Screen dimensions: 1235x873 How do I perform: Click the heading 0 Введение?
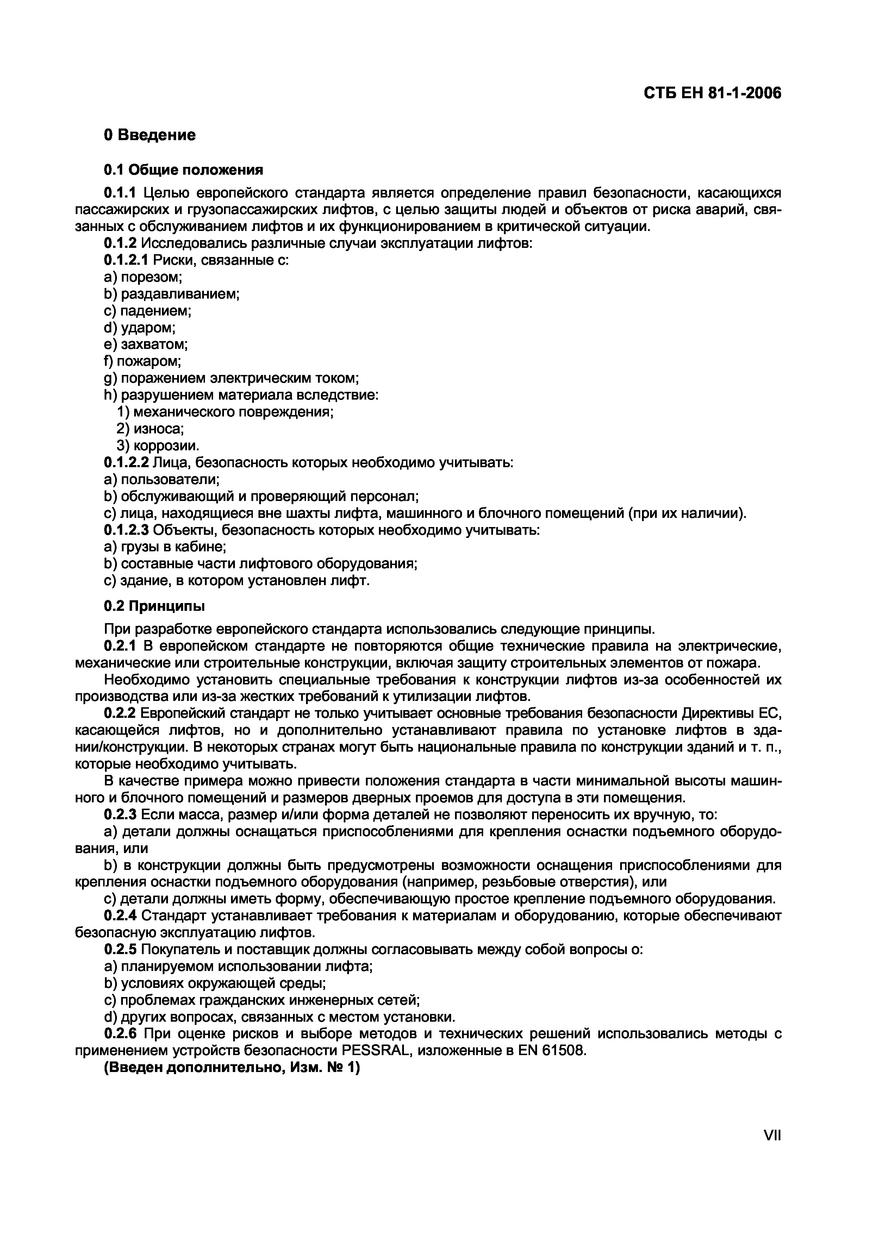[x=150, y=134]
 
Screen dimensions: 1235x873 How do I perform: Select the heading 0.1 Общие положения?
[x=183, y=170]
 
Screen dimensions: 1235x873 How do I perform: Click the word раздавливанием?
[x=180, y=294]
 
